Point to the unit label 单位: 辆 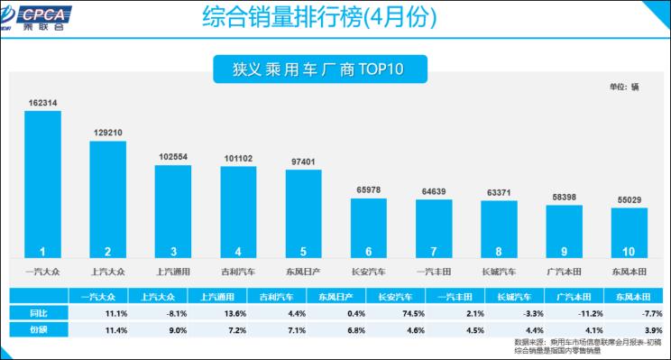pos(624,87)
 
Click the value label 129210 pos(107,132)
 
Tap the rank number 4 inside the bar pos(238,251)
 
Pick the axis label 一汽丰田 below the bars pos(434,270)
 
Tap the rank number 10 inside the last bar pos(629,251)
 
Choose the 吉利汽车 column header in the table pos(269,295)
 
